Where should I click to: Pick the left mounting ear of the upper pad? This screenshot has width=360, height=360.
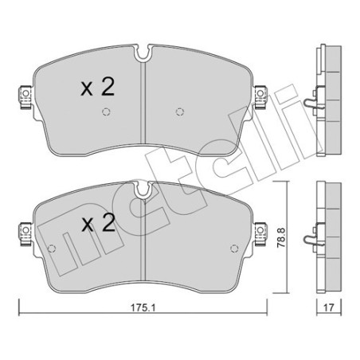click(x=23, y=96)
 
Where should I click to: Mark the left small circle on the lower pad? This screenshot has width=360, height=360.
click(x=53, y=245)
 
